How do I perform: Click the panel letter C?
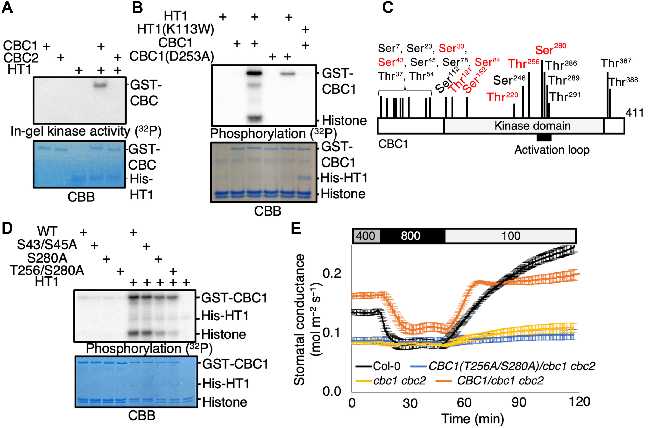388,7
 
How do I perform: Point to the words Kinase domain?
532,126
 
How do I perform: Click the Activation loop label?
552,150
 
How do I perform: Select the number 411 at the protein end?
634,113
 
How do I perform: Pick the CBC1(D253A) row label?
172,56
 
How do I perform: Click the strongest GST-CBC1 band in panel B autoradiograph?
254,73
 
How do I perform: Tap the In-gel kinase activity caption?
86,131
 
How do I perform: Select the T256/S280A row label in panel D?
47,270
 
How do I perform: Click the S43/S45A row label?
47,245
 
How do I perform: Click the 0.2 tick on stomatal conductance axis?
332,273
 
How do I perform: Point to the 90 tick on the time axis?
519,402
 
